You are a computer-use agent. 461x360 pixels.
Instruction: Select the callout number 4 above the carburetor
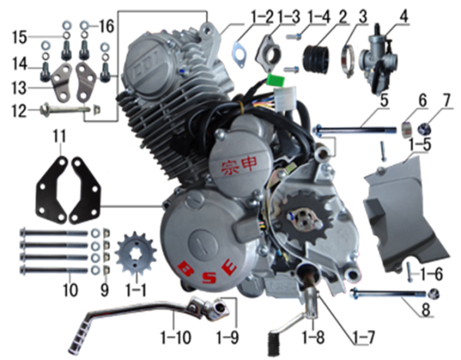(404, 15)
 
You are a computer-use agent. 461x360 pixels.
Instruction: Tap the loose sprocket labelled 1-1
(134, 254)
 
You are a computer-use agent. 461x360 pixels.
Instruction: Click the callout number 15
(18, 35)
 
